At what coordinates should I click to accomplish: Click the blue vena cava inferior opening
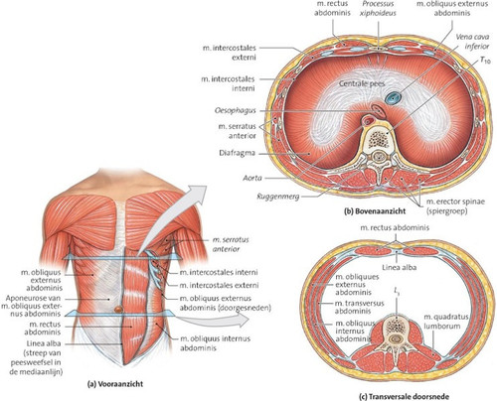(x=394, y=97)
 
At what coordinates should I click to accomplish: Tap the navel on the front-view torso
(x=118, y=310)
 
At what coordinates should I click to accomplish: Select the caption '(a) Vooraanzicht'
(x=115, y=384)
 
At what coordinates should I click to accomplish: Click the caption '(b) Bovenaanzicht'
(x=375, y=210)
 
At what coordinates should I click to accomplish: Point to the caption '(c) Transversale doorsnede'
(x=405, y=396)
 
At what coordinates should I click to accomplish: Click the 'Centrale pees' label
(x=362, y=83)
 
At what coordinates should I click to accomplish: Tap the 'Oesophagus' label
(x=236, y=110)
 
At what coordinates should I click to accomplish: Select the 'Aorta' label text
(x=252, y=178)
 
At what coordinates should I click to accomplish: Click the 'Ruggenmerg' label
(x=278, y=197)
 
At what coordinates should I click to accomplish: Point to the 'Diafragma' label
(x=237, y=153)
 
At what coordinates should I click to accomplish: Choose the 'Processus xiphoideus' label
(x=378, y=9)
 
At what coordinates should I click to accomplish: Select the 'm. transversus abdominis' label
(x=359, y=307)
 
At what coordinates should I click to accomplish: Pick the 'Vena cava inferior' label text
(x=472, y=42)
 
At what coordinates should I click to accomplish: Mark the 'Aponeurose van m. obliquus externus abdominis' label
(x=31, y=306)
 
